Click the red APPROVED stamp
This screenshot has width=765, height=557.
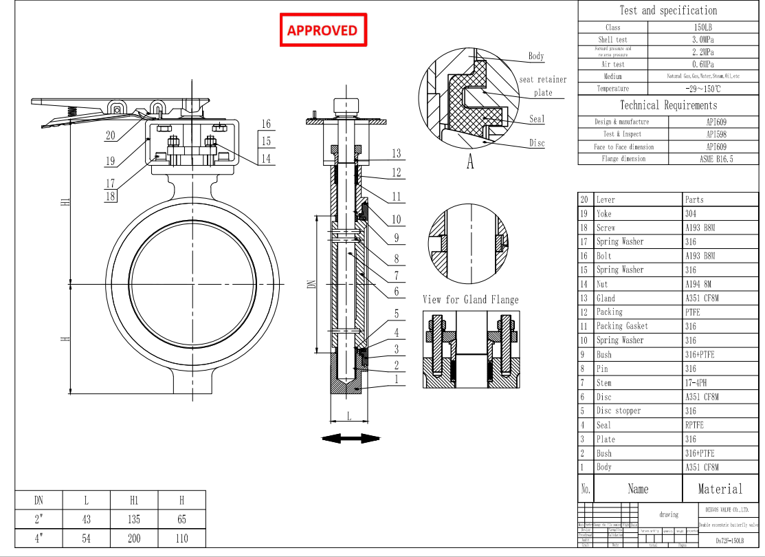click(322, 30)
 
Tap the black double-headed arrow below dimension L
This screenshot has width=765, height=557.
click(351, 438)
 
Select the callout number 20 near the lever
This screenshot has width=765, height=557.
click(110, 135)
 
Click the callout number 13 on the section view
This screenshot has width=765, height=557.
click(396, 153)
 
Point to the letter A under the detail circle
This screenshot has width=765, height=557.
click(470, 163)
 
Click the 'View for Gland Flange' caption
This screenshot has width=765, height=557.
click(470, 299)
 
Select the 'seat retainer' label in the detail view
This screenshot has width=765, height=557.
click(543, 79)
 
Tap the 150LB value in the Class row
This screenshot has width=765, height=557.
click(702, 28)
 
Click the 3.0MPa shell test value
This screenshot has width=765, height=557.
click(702, 40)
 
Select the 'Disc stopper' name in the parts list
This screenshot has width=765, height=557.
click(618, 411)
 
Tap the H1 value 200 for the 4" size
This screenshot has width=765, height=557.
click(134, 538)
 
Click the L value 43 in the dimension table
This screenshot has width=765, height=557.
click(86, 519)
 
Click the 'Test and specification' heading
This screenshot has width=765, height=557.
click(668, 10)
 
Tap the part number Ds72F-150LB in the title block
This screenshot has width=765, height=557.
click(729, 542)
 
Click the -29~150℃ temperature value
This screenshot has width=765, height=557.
click(702, 89)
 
